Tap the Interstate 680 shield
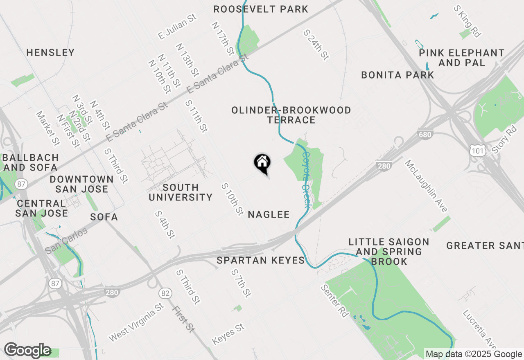pyautogui.click(x=426, y=135)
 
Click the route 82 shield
pyautogui.click(x=165, y=293)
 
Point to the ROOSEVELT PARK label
pyautogui.click(x=261, y=9)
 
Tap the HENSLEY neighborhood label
pyautogui.click(x=50, y=52)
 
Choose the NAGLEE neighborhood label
pyautogui.click(x=269, y=214)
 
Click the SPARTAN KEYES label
pyautogui.click(x=261, y=260)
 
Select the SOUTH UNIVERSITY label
pyautogui.click(x=181, y=192)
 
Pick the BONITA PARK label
pyautogui.click(x=398, y=75)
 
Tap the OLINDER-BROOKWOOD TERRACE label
pyautogui.click(x=291, y=115)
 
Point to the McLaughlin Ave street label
pyautogui.click(x=426, y=186)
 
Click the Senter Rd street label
pyautogui.click(x=334, y=301)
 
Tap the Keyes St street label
pyautogui.click(x=228, y=334)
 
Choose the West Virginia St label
pyautogui.click(x=136, y=323)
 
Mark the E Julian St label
pyautogui.click(x=178, y=27)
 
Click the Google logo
pyautogui.click(x=27, y=350)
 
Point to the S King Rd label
pyautogui.click(x=467, y=21)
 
